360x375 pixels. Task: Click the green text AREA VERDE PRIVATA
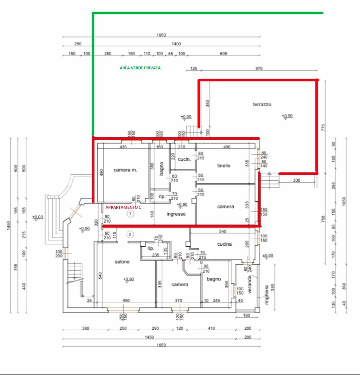140,68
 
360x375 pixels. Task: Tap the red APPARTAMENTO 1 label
123,208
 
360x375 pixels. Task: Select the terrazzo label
262,104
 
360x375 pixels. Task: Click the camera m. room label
125,170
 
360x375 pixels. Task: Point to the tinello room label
224,166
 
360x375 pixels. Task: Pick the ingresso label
176,214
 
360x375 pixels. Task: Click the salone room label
122,262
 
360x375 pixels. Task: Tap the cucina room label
224,244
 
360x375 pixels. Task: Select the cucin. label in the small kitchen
184,159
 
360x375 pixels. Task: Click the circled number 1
130,213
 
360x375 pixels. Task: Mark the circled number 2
130,235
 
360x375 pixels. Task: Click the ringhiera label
267,295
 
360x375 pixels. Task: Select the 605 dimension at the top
223,54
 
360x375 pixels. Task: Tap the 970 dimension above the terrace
259,68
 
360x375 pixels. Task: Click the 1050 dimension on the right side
344,204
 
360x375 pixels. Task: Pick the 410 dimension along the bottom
211,328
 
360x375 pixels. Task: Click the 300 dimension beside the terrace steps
296,180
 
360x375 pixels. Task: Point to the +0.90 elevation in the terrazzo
287,116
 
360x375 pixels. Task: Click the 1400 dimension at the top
176,44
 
